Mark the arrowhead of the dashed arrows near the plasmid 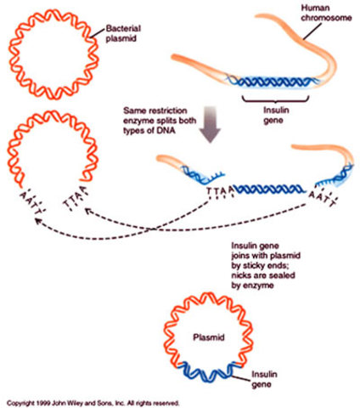[37, 220]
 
